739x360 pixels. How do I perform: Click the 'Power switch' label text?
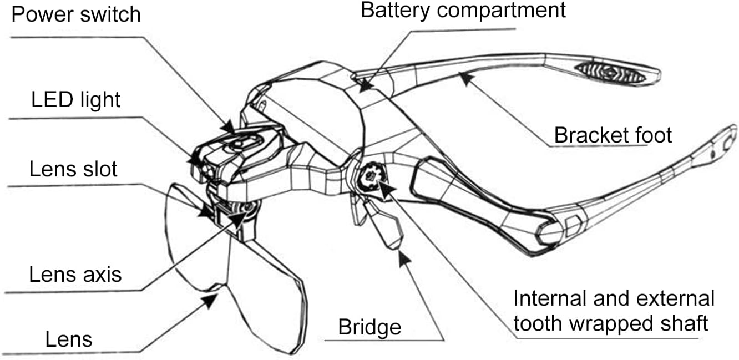click(76, 14)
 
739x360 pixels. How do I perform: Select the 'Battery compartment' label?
click(463, 10)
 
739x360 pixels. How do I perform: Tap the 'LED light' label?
click(76, 99)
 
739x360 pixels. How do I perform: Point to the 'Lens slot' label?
click(73, 169)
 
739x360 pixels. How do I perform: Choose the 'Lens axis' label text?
click(75, 274)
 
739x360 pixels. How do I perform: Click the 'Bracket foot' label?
click(613, 135)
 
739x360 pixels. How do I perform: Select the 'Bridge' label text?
click(369, 327)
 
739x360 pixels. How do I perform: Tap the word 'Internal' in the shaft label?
click(550, 298)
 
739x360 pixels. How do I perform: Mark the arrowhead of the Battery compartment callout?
click(366, 86)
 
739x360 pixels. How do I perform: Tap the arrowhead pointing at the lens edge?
click(210, 301)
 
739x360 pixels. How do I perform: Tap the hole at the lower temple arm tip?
click(727, 143)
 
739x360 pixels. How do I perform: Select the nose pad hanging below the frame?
click(384, 225)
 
